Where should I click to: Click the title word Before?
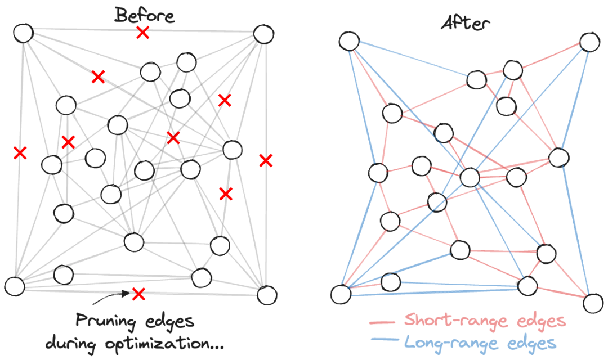click(x=145, y=15)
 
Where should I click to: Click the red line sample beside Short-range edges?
click(x=383, y=322)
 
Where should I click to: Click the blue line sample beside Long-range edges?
click(x=383, y=341)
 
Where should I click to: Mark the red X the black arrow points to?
click(x=138, y=292)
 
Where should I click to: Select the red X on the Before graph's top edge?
click(x=143, y=33)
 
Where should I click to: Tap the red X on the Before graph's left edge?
click(x=20, y=152)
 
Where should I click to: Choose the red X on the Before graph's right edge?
click(x=266, y=160)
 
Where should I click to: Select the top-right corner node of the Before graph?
click(x=263, y=34)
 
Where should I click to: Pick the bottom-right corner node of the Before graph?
click(x=267, y=294)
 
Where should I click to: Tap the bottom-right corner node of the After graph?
click(x=593, y=303)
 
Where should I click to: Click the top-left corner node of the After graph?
click(x=349, y=40)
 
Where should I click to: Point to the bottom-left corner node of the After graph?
click(x=341, y=293)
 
